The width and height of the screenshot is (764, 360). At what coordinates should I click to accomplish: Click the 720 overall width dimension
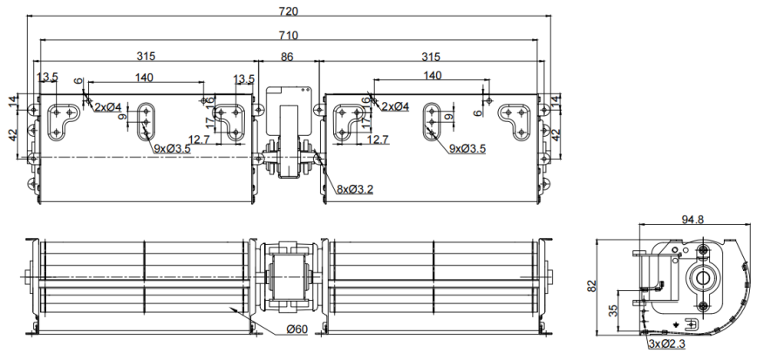point(289,10)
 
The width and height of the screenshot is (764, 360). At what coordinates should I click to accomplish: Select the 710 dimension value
point(289,35)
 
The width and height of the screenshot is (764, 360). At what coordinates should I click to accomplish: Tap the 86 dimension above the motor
point(287,57)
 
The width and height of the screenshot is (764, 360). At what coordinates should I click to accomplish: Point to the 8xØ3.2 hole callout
point(355,189)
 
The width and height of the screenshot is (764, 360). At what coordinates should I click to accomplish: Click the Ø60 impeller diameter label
point(297,329)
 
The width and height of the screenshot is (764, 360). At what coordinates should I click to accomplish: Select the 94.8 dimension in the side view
point(692,219)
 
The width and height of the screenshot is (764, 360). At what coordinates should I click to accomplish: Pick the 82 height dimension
point(592,287)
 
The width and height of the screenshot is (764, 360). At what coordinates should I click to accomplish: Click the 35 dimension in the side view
point(613,310)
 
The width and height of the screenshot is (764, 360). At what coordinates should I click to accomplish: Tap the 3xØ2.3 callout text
point(666,344)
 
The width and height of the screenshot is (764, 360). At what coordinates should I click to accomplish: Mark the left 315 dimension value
point(146,57)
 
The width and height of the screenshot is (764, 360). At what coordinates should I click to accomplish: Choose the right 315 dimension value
point(431,57)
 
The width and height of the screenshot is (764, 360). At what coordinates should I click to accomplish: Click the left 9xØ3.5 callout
point(173,149)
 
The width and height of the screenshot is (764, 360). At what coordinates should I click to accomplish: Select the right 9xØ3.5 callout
point(467,148)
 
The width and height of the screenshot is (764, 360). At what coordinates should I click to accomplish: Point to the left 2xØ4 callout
point(108,106)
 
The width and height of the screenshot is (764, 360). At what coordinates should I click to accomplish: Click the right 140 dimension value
point(433,76)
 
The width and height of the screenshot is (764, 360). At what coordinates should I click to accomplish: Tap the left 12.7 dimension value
point(199,139)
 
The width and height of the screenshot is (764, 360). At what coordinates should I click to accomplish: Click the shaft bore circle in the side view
point(703,278)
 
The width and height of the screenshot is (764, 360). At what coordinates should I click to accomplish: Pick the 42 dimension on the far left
point(14,133)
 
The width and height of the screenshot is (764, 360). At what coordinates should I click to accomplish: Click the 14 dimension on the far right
point(556,102)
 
